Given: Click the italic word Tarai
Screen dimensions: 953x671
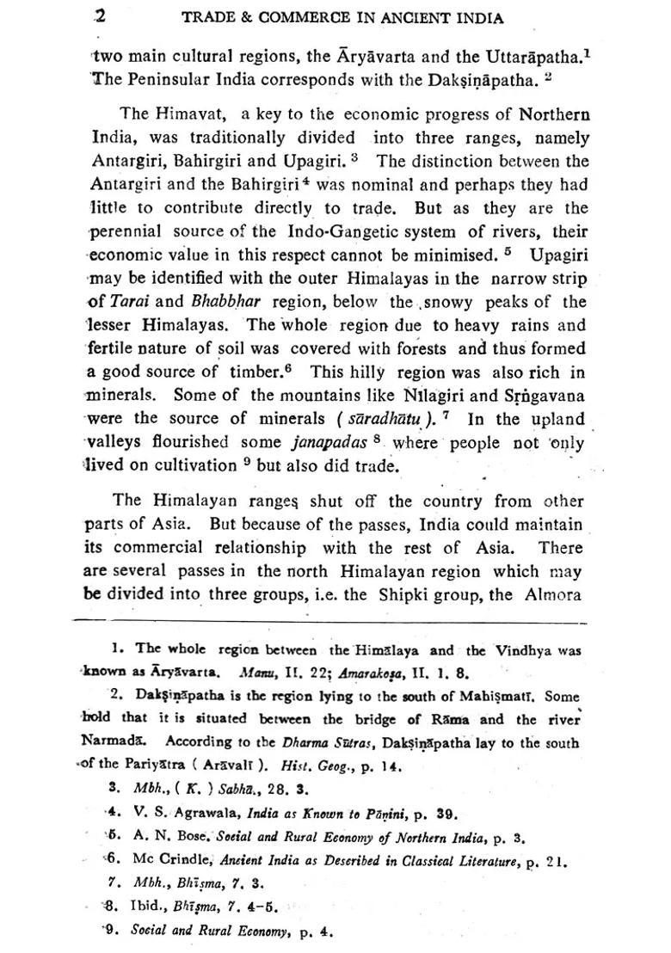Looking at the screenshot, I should tap(130, 303).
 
